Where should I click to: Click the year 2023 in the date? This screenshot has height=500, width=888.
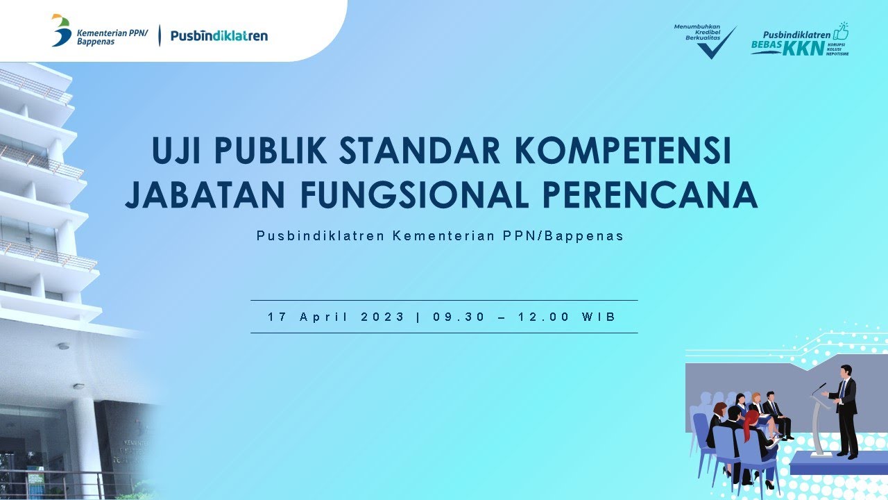click(x=382, y=317)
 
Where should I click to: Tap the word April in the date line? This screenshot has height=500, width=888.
click(x=323, y=317)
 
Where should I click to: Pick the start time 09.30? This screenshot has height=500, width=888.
click(x=459, y=317)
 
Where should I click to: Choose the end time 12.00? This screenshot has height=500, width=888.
click(x=544, y=317)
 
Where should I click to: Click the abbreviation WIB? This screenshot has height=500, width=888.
click(x=599, y=317)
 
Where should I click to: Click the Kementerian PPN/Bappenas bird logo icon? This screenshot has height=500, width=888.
click(x=61, y=31)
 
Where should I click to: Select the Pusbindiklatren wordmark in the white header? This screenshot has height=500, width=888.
click(x=219, y=35)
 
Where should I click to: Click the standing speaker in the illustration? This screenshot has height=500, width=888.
click(x=844, y=410)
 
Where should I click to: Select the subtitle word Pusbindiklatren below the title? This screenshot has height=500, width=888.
click(x=321, y=235)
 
